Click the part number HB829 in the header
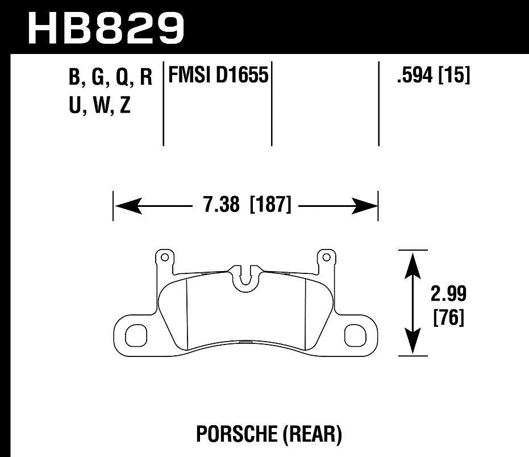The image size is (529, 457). coord(106,27)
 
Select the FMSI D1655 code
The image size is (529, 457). coord(216,75)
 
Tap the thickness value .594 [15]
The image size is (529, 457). coord(434,76)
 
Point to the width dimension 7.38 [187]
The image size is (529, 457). coord(247,205)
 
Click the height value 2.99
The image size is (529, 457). coord(448,294)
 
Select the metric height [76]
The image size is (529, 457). coord(448,318)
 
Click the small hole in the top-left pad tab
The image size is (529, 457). coord(165,257)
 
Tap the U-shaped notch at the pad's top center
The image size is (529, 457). coord(245,276)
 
